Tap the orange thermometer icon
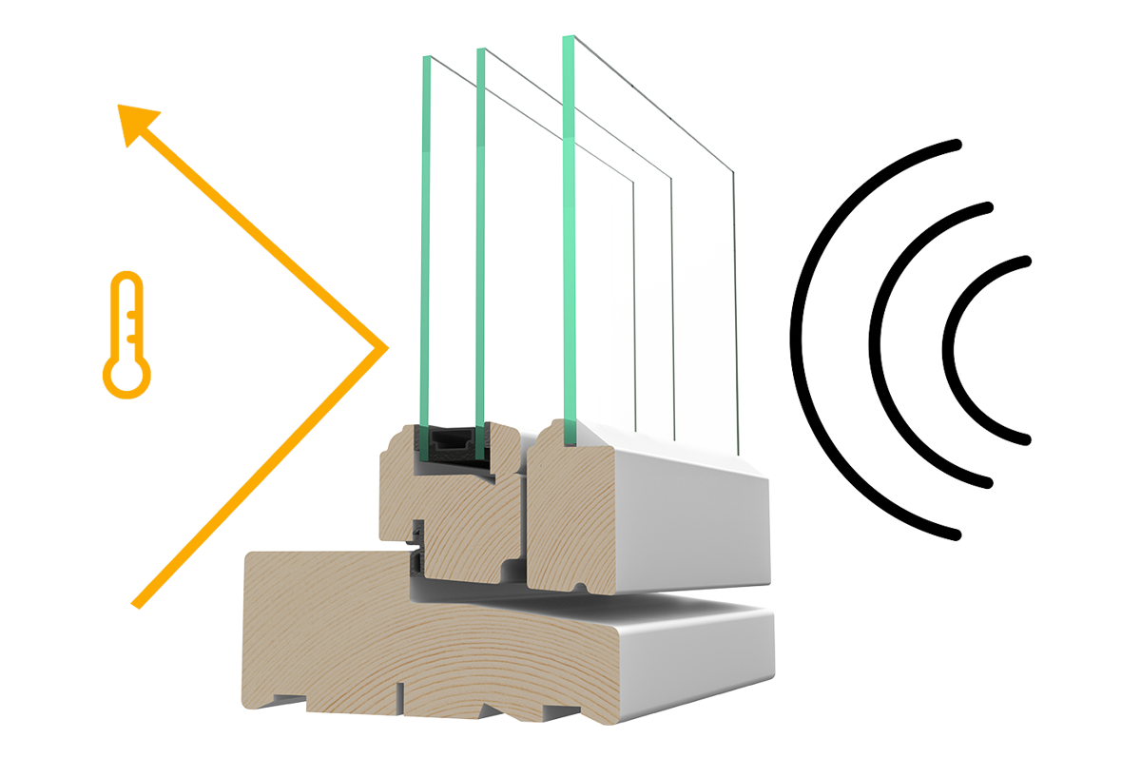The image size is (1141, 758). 126,334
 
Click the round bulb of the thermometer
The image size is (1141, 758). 126,375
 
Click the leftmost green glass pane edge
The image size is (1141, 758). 425,238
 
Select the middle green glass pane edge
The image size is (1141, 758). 481,238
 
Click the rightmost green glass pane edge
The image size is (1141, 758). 570,238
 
